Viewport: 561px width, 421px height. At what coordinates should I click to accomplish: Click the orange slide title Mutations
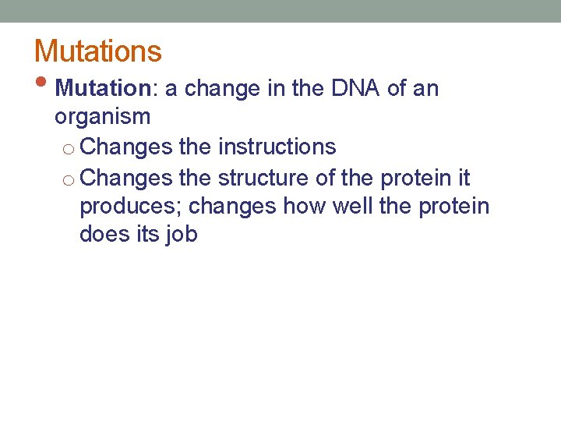pyautogui.click(x=98, y=51)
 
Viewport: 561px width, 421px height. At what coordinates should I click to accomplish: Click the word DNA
pyautogui.click(x=356, y=89)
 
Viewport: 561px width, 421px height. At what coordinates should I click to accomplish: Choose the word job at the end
pyautogui.click(x=181, y=235)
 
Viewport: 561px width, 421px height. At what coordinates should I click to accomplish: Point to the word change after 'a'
pyautogui.click(x=229, y=89)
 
